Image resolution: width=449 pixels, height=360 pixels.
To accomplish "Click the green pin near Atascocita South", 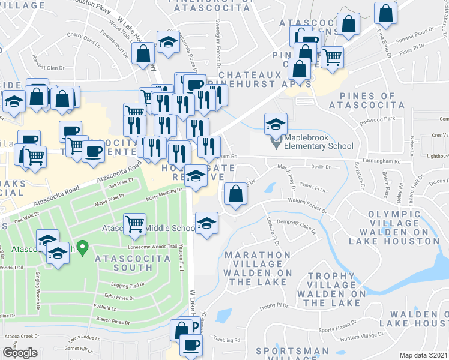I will click(84, 246).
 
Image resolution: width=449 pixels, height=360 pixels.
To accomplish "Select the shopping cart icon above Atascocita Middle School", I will click(135, 223).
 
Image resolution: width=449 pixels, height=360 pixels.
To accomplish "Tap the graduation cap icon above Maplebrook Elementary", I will click(275, 124).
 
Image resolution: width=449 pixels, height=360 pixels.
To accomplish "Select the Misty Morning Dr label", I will click(164, 191).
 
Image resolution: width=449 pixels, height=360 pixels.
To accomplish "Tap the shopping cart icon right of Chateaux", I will click(331, 58).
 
